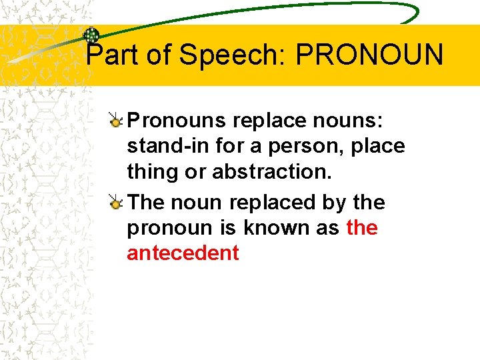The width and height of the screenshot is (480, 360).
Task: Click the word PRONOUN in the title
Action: (x=369, y=55)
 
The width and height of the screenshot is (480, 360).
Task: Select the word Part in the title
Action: (x=113, y=55)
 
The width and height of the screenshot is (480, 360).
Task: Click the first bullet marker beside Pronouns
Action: (x=116, y=121)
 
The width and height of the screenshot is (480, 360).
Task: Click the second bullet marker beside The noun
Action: (x=116, y=202)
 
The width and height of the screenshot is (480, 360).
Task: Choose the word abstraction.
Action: (x=271, y=172)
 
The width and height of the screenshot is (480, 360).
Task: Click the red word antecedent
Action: (x=183, y=253)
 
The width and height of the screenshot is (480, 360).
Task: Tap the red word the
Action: (x=362, y=228)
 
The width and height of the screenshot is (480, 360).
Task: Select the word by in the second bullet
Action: (x=331, y=203)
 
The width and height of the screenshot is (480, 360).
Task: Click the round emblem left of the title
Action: (x=91, y=35)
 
